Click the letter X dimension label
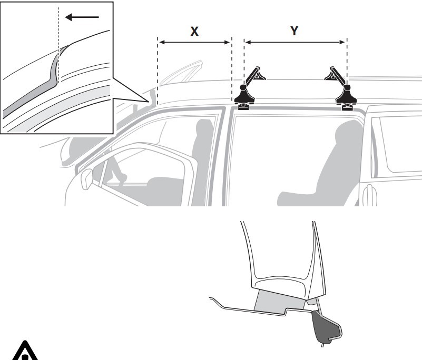(x=194, y=32)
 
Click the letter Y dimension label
(x=295, y=31)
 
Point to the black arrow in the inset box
(x=82, y=17)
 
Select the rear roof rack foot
(x=346, y=97)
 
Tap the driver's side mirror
(x=86, y=179)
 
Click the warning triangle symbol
(x=25, y=351)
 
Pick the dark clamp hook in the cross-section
(x=326, y=327)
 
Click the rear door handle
(x=369, y=195)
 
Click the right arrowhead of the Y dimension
(x=342, y=42)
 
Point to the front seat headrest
(x=204, y=128)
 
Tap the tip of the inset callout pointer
(x=148, y=102)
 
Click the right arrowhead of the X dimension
(x=228, y=42)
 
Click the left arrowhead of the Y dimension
(x=248, y=42)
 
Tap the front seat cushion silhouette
(x=164, y=191)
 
